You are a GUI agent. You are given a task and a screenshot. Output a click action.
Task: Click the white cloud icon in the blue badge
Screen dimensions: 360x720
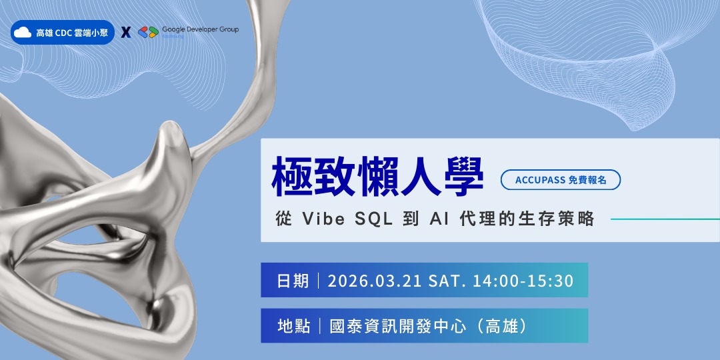point(23,32)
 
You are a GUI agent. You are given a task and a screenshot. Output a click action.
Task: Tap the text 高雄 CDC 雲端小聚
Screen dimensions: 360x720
point(71,32)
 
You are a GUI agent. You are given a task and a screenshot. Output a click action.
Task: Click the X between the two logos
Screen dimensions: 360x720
point(126,32)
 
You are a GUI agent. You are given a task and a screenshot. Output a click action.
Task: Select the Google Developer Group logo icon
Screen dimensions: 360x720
point(147,32)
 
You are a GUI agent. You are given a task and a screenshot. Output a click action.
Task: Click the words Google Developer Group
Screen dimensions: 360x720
point(199,29)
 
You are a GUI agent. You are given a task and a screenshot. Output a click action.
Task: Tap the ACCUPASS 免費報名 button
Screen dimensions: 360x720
point(561,179)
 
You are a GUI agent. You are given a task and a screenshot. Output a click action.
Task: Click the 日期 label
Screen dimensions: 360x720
point(293,281)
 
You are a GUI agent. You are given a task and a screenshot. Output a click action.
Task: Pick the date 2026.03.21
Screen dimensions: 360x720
point(374,281)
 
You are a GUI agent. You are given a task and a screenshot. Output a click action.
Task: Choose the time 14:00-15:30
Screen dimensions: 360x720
point(523,281)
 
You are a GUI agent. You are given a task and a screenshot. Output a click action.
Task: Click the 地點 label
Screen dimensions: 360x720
point(293,326)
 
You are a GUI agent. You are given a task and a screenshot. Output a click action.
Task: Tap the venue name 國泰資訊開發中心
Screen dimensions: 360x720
point(400,326)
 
